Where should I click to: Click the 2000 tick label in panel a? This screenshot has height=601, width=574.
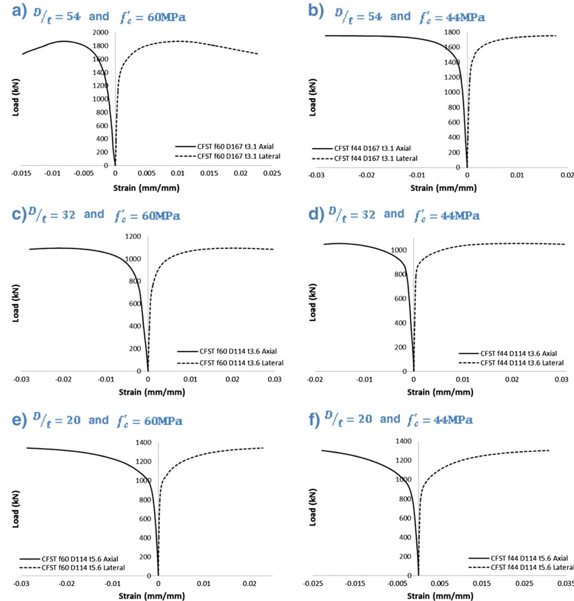(100, 32)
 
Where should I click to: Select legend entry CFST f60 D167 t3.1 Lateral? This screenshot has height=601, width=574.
(239, 156)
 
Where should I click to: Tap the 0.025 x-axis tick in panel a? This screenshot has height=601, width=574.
(272, 173)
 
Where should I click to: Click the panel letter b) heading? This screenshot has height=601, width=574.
(316, 11)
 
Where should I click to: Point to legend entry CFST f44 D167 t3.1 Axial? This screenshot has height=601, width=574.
(372, 148)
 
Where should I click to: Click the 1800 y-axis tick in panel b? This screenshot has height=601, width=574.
(452, 32)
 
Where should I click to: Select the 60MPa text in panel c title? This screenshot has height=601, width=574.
(161, 216)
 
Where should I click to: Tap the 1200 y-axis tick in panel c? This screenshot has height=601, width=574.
(133, 237)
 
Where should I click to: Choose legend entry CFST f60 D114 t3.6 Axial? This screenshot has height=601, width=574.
(238, 351)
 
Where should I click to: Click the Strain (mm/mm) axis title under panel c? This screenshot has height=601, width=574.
(152, 392)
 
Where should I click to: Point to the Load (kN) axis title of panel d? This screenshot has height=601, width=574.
(313, 303)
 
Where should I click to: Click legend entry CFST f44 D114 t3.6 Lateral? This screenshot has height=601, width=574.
(522, 363)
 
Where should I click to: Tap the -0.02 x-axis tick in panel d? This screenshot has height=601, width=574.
(315, 380)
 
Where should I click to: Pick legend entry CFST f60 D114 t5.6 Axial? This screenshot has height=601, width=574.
(80, 559)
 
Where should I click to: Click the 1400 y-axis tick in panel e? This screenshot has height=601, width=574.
(143, 443)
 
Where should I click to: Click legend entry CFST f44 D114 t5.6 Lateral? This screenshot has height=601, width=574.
(532, 568)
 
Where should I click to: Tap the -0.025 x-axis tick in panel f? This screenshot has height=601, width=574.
(313, 583)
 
